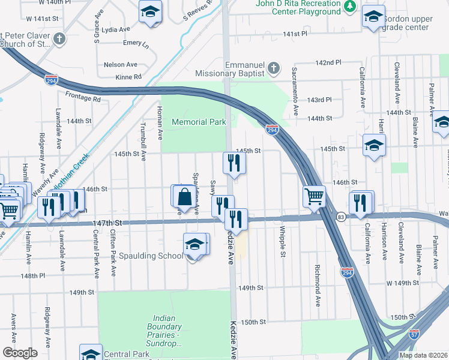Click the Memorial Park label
[x=199, y=122]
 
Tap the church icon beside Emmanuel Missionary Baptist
[x=274, y=67]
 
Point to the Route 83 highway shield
[x=340, y=217]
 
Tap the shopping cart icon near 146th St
[x=315, y=195]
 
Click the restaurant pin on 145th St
[x=232, y=162]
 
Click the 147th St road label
[x=107, y=223]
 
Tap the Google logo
[x=20, y=353]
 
